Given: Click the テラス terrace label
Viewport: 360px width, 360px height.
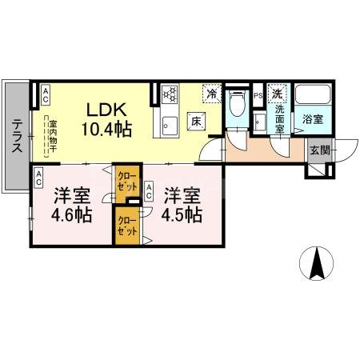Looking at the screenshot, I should point(16,135).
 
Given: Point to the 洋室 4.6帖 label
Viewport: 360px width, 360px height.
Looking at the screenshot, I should point(73,205).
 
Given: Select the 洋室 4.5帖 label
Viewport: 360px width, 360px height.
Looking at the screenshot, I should point(183,205).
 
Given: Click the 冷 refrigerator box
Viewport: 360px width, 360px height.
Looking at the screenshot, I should point(212,94).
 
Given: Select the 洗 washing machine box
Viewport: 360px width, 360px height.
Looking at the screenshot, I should point(276,93).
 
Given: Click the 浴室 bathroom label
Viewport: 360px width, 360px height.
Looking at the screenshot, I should point(312,119).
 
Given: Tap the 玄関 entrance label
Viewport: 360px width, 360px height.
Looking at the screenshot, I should point(318,150).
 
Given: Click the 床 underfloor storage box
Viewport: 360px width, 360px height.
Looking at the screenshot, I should point(195,122).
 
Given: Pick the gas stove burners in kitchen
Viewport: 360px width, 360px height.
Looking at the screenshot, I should point(170,94).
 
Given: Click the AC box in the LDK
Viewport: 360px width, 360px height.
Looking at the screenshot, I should point(46,95).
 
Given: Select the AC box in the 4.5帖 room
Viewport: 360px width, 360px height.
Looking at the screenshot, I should point(150,190).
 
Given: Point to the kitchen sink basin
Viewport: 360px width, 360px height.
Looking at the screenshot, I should point(170,125).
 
